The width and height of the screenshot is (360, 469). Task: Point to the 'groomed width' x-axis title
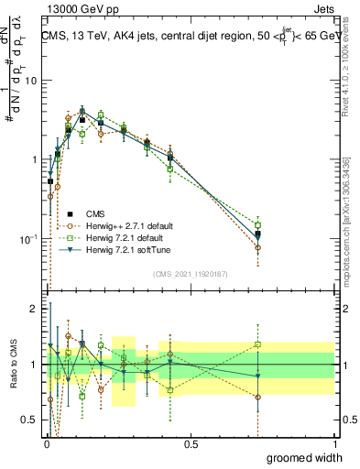coord(305,457)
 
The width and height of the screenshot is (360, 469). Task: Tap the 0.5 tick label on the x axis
coord(191,443)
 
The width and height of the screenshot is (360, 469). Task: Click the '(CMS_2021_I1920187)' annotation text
coord(190,273)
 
